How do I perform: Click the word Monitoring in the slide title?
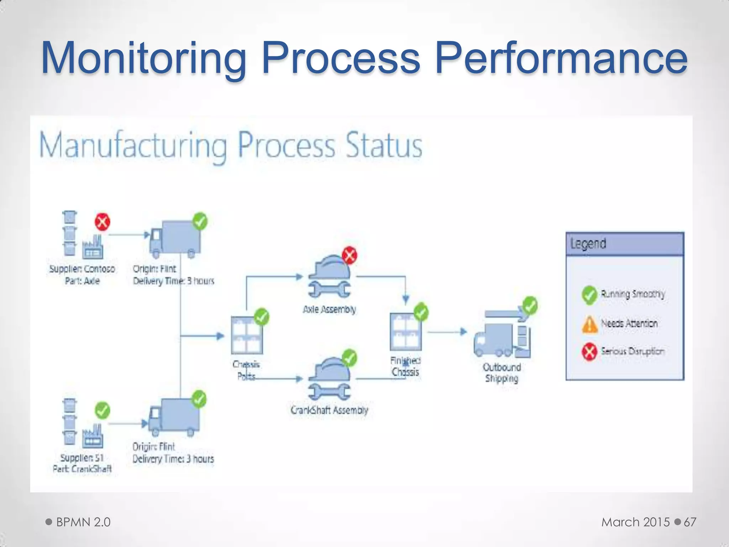[x=144, y=58]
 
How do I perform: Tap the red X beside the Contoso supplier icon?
[x=102, y=222]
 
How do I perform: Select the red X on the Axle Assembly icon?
[x=350, y=255]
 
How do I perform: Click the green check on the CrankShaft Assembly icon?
[x=349, y=358]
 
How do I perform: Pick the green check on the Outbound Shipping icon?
[x=530, y=306]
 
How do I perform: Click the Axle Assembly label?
[x=329, y=309]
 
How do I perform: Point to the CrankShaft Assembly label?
[x=329, y=410]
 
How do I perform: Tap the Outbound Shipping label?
[x=502, y=373]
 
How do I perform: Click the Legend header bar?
[x=625, y=244]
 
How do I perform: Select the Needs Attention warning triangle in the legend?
[x=589, y=324]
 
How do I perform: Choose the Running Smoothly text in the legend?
[x=633, y=294]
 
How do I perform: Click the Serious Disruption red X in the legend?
[x=589, y=352]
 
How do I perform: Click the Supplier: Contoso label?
[x=82, y=269]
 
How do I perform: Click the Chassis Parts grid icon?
[x=247, y=335]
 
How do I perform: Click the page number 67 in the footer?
[x=690, y=522]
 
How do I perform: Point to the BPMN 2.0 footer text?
[x=83, y=522]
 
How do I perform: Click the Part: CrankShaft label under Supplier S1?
[x=82, y=469]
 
